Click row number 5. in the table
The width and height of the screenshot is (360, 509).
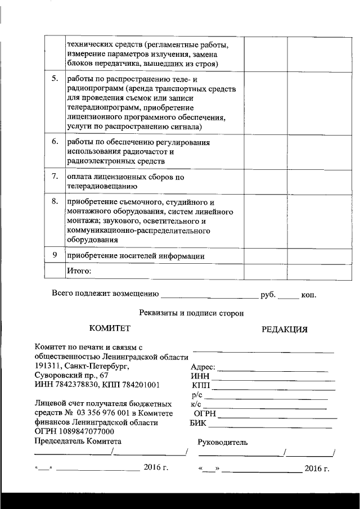55,79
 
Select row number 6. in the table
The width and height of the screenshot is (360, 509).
55,142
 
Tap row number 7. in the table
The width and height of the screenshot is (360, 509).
55,177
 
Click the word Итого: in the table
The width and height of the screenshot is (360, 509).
79,271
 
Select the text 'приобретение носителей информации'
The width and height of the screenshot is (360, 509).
135,256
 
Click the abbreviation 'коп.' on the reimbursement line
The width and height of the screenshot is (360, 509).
309,294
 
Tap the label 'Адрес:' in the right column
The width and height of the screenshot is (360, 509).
203,368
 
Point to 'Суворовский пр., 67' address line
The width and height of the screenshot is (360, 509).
71,375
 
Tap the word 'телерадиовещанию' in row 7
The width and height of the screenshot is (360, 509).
101,186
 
